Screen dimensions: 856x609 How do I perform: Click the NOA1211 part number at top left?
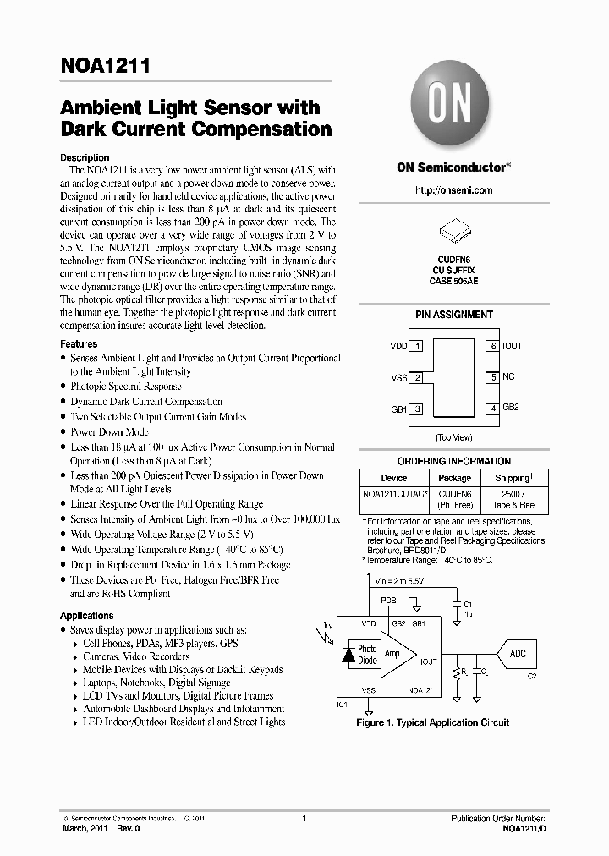[x=104, y=68]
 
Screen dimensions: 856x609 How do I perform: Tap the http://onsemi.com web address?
[x=453, y=190]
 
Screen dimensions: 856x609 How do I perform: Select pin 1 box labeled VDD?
[x=418, y=346]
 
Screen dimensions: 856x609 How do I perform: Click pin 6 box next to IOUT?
[x=491, y=346]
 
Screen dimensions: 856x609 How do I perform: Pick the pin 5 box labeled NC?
[x=491, y=377]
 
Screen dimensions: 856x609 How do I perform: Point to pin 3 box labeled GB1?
[x=418, y=409]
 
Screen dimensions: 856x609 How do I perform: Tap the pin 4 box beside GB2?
[x=491, y=409]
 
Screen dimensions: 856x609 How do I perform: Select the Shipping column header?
[x=513, y=478]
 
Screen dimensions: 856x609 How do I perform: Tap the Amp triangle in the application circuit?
[x=394, y=654]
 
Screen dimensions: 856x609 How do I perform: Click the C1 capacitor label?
[x=469, y=604]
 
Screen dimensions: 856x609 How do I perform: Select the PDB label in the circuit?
[x=388, y=600]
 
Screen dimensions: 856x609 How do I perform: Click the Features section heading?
[x=79, y=344]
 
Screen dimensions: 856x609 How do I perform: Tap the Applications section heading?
[x=86, y=616]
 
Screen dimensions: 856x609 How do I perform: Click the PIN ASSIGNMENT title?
[x=453, y=315]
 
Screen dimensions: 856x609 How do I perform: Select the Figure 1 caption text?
[x=432, y=723]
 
